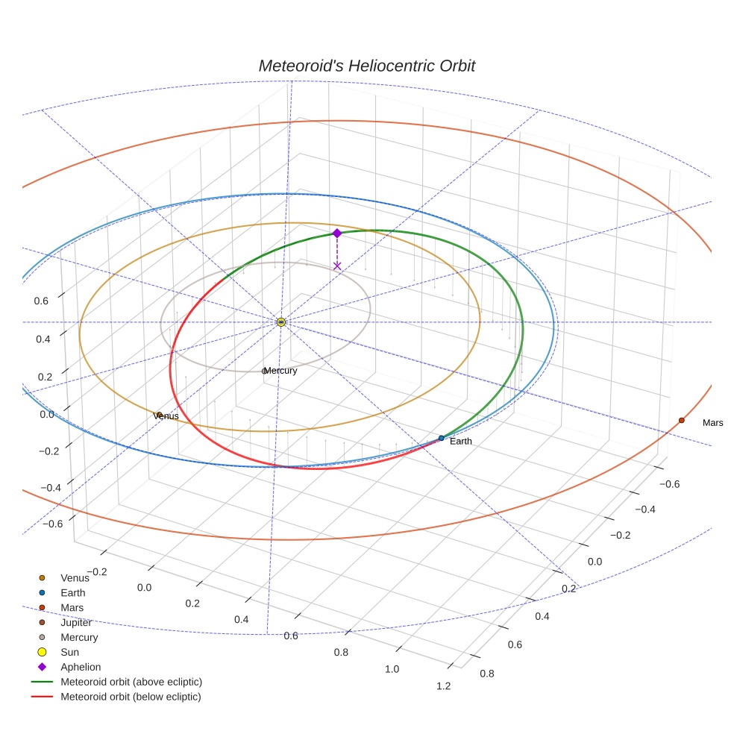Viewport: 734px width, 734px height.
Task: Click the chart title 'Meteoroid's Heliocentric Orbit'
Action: pyautogui.click(x=366, y=66)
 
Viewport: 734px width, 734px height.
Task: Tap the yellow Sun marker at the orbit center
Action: pyautogui.click(x=281, y=322)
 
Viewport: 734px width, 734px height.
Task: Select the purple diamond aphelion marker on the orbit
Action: pyautogui.click(x=337, y=233)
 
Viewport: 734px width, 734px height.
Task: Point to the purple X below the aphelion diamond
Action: pyautogui.click(x=337, y=266)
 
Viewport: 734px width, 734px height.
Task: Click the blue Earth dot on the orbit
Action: pyautogui.click(x=442, y=438)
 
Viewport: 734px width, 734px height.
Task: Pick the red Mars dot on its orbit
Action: pyautogui.click(x=681, y=421)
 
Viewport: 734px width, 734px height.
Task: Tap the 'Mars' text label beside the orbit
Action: pyautogui.click(x=712, y=423)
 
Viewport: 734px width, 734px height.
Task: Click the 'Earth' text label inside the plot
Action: pyautogui.click(x=460, y=442)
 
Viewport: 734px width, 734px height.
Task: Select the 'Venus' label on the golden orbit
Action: pyautogui.click(x=166, y=416)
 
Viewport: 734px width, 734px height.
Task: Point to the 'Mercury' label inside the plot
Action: pyautogui.click(x=281, y=371)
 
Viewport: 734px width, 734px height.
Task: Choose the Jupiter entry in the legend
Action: pyautogui.click(x=76, y=622)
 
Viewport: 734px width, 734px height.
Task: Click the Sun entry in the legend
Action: pyautogui.click(x=69, y=652)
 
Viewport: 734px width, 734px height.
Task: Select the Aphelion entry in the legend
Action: pyautogui.click(x=80, y=667)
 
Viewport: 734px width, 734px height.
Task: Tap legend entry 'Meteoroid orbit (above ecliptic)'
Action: pyautogui.click(x=131, y=682)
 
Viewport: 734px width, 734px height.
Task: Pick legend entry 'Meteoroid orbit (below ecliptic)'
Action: pyautogui.click(x=131, y=697)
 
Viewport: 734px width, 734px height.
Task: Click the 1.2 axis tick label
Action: pyautogui.click(x=443, y=686)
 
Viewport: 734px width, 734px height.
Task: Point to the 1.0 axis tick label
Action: pyautogui.click(x=392, y=669)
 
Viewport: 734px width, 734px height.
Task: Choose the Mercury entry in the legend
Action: pyautogui.click(x=78, y=637)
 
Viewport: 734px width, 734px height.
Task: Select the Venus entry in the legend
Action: pyautogui.click(x=75, y=577)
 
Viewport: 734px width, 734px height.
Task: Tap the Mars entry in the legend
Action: pyautogui.click(x=72, y=607)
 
